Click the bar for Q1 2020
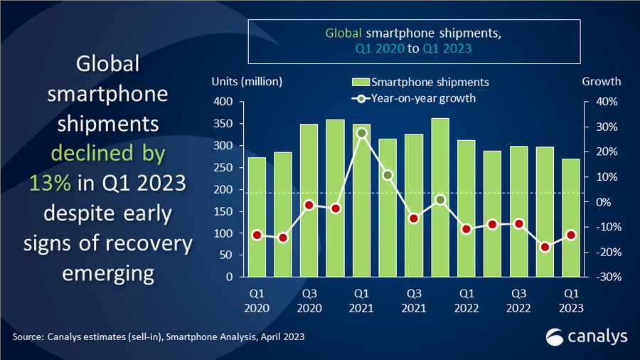[x=256, y=217]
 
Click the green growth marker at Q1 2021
[x=361, y=133]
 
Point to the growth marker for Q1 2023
[x=571, y=235]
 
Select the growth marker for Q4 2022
[x=545, y=247]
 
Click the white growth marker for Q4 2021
[x=440, y=200]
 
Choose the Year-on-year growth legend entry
[x=416, y=98]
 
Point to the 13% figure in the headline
[x=50, y=183]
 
